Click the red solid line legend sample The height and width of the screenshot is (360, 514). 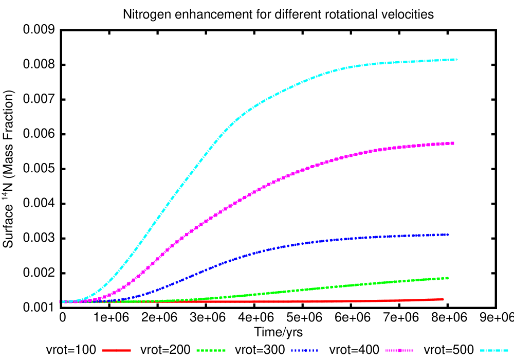117,350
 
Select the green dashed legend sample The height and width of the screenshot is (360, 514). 211,350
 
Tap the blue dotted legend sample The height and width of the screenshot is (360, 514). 304,350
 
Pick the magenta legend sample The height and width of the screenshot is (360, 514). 399,350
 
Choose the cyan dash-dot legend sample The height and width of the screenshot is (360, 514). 494,350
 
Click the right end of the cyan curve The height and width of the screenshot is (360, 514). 456,60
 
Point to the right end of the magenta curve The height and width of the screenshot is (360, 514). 453,143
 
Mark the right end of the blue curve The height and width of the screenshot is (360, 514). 448,235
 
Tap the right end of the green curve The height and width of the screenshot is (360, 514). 448,278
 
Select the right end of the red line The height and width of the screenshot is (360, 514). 443,299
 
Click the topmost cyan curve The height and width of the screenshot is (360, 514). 257,103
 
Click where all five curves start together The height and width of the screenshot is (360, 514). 64,302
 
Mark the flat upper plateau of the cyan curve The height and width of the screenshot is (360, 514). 401,62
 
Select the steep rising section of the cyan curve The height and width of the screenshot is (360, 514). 170,201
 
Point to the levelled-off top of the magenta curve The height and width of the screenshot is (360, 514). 411,146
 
